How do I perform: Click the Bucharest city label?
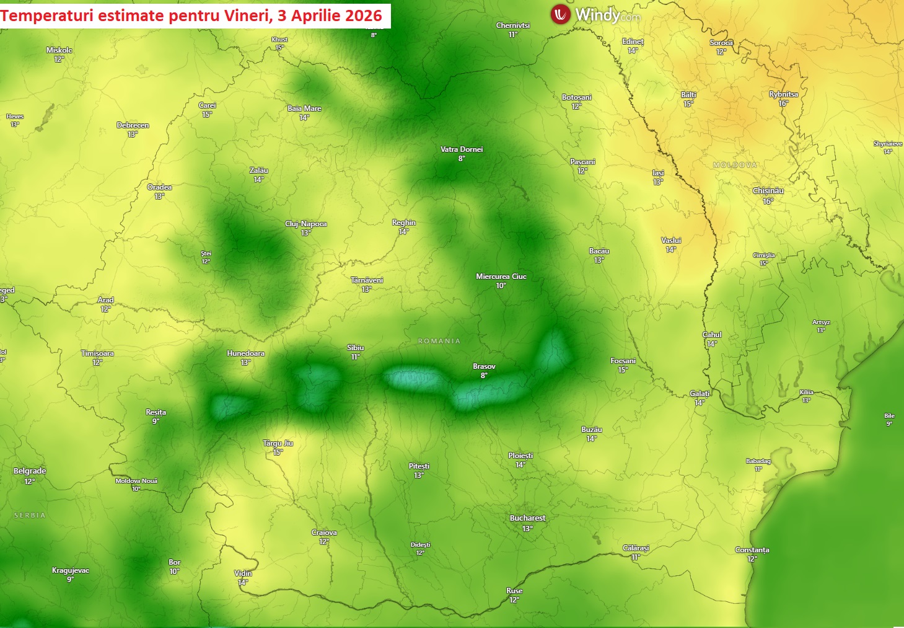pos(527,518)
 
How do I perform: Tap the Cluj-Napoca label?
pos(305,224)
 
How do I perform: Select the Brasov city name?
pos(484,366)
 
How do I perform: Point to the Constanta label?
pos(752,550)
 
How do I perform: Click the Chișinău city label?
pos(768,191)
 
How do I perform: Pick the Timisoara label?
pos(97,353)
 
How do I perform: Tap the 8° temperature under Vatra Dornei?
pos(462,159)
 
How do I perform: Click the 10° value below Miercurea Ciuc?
pos(501,286)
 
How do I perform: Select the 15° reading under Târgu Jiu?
pos(278,453)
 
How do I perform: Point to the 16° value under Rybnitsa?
pos(783,104)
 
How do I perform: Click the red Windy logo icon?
pos(560,14)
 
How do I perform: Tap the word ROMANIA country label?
pos(439,341)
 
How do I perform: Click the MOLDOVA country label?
pos(735,165)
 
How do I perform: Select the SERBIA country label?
pos(30,515)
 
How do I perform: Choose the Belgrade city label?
pos(30,471)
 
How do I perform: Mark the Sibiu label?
pos(356,348)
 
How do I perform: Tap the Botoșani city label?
pos(576,97)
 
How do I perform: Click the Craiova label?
pos(324,533)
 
